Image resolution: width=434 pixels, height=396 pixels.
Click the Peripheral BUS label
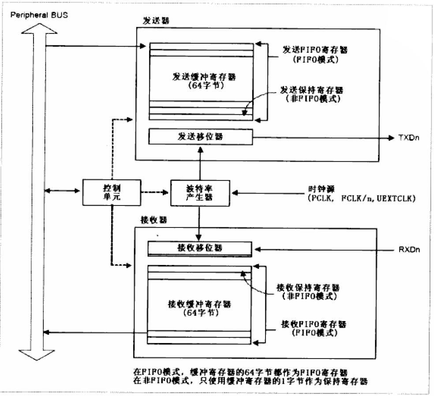coord(38,16)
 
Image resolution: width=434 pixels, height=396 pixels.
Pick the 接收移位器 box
coord(200,249)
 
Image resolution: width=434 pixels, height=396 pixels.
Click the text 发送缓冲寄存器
coord(201,76)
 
